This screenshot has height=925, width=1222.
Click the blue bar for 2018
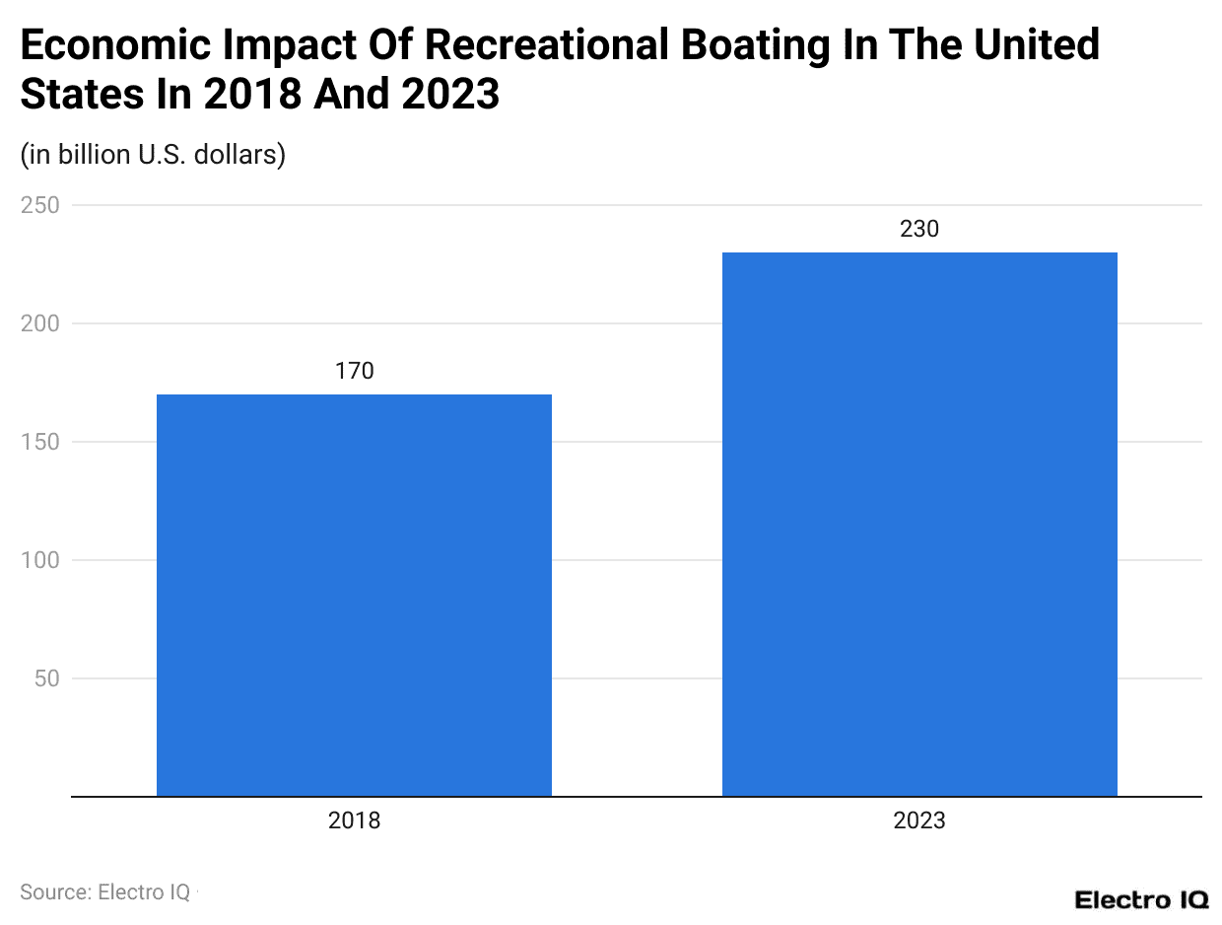[354, 595]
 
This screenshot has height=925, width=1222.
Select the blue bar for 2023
[919, 524]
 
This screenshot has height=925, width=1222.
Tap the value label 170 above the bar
[354, 371]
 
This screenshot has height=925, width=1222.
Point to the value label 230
[919, 229]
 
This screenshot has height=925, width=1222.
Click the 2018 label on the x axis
[354, 820]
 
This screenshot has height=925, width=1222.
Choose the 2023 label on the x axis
[919, 820]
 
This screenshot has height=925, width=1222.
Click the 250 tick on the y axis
[39, 205]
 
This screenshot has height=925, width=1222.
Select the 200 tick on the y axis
[39, 323]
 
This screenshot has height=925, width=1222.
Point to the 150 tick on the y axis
[39, 442]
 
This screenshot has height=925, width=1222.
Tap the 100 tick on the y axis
[39, 560]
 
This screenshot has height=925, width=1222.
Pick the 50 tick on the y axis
[45, 678]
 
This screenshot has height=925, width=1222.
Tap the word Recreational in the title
[535, 45]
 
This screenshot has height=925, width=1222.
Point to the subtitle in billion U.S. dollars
[153, 155]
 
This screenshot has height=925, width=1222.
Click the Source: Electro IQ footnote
[105, 891]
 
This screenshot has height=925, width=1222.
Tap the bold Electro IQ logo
[1140, 899]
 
